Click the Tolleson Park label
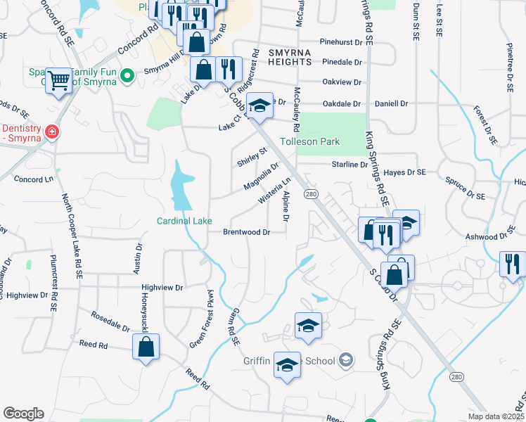click(x=310, y=141)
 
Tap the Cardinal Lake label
click(x=184, y=221)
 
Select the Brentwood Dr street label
click(x=247, y=231)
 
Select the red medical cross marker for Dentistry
click(x=51, y=132)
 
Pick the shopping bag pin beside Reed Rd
click(x=146, y=346)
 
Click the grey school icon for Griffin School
click(x=345, y=361)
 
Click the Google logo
click(x=23, y=414)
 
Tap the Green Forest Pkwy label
click(x=203, y=318)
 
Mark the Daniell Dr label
click(x=391, y=103)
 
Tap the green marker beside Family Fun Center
click(x=127, y=75)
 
